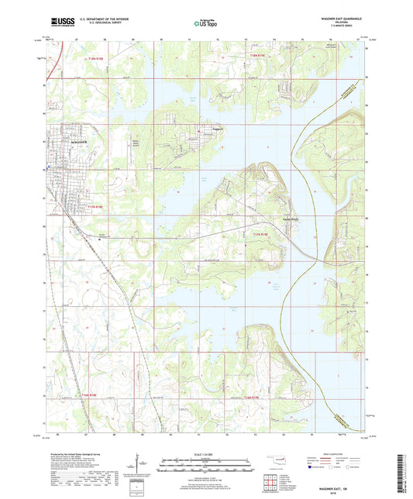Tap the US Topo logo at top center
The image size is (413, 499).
[205, 24]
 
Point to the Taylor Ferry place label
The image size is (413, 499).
[268, 218]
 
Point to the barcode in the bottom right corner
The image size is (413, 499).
[402, 473]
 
